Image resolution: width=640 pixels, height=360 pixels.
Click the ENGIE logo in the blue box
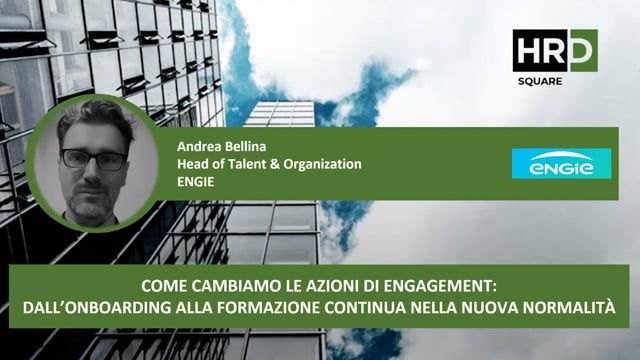(x=553, y=164)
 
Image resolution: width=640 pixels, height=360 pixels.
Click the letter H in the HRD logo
(x=525, y=51)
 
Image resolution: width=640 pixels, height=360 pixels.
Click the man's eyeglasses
(x=93, y=159)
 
